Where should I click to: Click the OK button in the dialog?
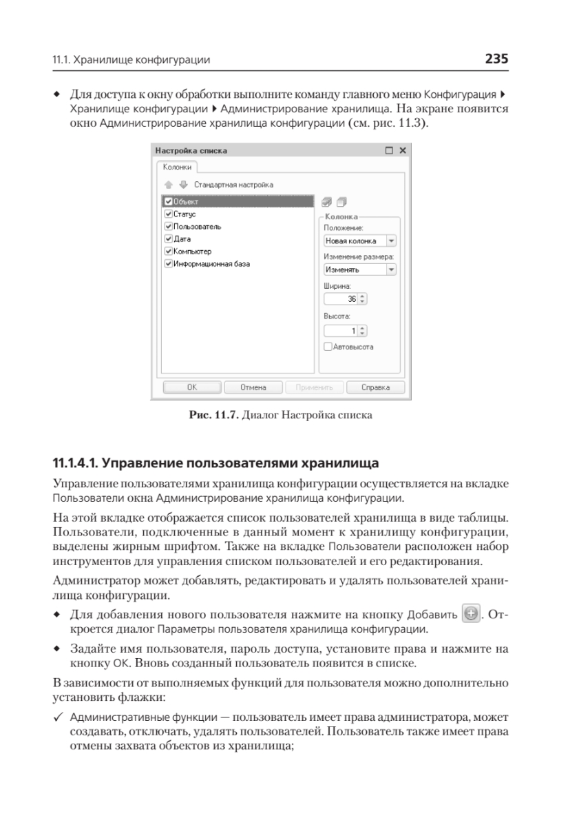click(192, 387)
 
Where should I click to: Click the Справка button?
click(375, 387)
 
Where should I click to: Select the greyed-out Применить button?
click(314, 387)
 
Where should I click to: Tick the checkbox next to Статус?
click(169, 214)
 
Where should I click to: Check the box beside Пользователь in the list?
click(169, 226)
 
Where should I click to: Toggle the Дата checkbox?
click(169, 238)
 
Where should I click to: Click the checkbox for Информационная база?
click(169, 263)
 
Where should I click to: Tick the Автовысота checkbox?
click(328, 347)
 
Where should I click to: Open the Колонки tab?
click(177, 167)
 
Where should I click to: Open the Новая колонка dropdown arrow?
click(392, 241)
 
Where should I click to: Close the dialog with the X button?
click(403, 150)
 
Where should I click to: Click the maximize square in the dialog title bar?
click(389, 150)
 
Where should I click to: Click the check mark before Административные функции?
click(59, 717)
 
